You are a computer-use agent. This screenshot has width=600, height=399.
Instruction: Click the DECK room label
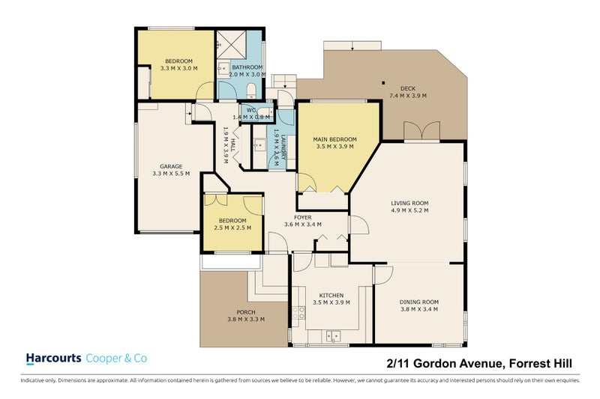[x=408, y=88]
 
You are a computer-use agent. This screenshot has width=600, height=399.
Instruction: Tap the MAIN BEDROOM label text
[x=334, y=139]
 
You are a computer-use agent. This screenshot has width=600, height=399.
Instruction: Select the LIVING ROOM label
[x=409, y=203]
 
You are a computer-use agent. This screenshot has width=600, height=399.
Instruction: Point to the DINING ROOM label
[x=419, y=302]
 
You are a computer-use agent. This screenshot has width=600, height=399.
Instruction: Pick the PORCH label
[x=246, y=312]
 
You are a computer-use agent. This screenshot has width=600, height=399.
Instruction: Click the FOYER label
[x=303, y=217]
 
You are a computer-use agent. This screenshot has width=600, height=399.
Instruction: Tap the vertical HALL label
[x=233, y=145]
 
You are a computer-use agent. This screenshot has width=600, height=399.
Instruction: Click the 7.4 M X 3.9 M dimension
[x=408, y=96]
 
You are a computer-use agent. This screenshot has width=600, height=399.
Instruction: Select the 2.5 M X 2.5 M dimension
[x=232, y=228]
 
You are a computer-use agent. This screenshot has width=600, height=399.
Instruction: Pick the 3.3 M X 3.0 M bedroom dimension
[x=179, y=68]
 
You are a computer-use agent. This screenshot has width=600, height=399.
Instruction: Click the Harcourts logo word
[x=53, y=359]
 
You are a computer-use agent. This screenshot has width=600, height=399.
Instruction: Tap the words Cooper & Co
[x=117, y=359]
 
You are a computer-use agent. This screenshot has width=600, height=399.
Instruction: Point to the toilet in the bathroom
[x=253, y=91]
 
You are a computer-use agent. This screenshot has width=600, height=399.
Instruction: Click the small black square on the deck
[x=382, y=83]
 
